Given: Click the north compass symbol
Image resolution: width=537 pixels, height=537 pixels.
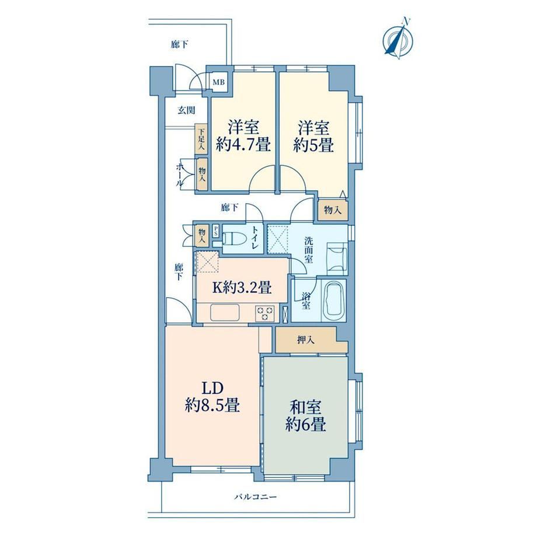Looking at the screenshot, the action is [398, 40].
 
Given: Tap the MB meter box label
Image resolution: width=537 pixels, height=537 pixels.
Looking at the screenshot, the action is [218, 82].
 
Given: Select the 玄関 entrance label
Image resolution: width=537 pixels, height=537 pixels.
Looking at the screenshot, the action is [186, 110].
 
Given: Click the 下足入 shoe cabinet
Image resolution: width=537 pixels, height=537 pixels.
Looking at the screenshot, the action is [201, 139].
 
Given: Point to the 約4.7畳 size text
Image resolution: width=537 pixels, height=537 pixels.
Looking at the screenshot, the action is [243, 145].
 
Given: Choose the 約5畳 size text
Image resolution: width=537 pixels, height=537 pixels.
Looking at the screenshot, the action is [313, 145].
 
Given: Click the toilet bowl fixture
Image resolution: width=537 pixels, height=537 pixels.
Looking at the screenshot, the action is [235, 238].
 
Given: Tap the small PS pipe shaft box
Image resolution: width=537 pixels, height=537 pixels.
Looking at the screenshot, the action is [216, 230].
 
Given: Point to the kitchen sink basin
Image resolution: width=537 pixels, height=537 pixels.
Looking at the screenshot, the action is [225, 313].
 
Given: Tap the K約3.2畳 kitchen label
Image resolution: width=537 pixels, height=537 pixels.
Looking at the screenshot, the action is [242, 288].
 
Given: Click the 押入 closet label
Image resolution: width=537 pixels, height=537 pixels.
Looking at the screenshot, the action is [306, 340].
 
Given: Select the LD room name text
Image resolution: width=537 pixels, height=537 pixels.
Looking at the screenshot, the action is [212, 389].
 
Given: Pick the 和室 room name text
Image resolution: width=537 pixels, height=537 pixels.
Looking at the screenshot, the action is [306, 407].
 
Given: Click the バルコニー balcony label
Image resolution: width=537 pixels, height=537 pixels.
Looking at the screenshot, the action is [256, 497].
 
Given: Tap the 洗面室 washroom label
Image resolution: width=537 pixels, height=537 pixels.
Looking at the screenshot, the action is [309, 250].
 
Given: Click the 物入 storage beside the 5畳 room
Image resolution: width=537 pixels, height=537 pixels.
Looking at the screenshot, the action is [333, 210].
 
